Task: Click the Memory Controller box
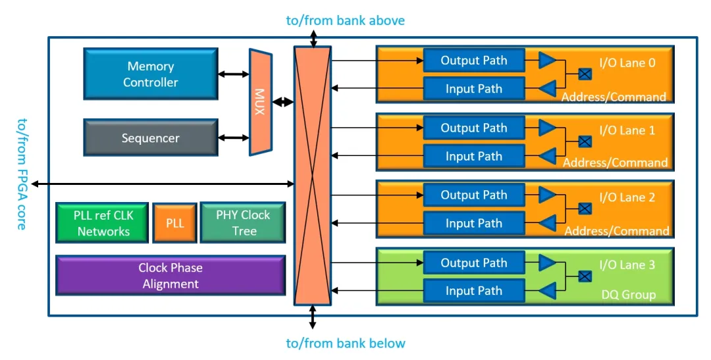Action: click(x=151, y=74)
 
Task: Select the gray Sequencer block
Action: click(x=151, y=138)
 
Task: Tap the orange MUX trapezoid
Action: click(x=260, y=102)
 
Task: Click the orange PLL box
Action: click(x=174, y=223)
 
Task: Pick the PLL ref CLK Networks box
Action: click(x=103, y=223)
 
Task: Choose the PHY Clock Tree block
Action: click(x=243, y=223)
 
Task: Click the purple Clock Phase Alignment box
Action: click(x=171, y=276)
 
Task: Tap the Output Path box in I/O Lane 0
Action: click(x=474, y=61)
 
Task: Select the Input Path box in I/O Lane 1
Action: click(x=474, y=157)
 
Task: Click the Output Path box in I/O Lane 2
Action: click(x=474, y=195)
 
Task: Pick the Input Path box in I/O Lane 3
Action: click(x=474, y=291)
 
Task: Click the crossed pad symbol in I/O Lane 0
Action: click(x=585, y=74)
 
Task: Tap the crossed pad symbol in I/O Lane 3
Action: click(x=585, y=276)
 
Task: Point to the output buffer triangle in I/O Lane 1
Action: click(x=547, y=128)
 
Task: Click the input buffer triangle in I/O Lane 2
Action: click(x=547, y=224)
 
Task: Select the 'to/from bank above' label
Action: click(x=345, y=20)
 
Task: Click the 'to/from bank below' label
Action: click(x=346, y=343)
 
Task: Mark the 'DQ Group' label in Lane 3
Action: click(x=629, y=295)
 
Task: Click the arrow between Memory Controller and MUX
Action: click(x=233, y=74)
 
